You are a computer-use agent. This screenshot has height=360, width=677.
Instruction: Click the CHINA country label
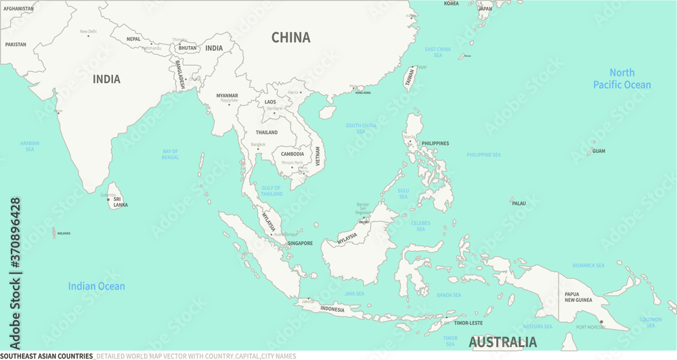(291, 38)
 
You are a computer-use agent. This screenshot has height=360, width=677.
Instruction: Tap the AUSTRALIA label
(503, 342)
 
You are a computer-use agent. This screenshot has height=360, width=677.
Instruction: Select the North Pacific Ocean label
(621, 78)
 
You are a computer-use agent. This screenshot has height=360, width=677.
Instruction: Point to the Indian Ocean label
(96, 286)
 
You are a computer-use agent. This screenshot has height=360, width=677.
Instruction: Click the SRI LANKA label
(121, 202)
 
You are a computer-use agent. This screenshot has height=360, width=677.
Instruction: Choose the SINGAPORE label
(300, 243)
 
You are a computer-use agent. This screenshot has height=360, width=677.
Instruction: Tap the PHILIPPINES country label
(435, 143)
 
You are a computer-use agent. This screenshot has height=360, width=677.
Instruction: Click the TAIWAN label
(410, 78)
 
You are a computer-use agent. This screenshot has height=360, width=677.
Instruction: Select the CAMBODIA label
(292, 154)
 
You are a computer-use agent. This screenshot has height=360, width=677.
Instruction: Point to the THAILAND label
(267, 133)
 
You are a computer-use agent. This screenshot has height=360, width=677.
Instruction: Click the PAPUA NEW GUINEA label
(578, 296)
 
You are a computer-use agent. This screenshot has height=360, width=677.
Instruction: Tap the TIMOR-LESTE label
(468, 323)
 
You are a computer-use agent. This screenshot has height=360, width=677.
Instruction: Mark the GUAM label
(598, 151)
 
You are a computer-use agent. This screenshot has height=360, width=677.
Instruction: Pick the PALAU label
(519, 203)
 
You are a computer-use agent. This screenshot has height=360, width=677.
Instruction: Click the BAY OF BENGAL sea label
(170, 154)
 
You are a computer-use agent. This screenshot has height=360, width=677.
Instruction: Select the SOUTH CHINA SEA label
(361, 128)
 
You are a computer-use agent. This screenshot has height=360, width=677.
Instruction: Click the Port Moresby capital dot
(601, 322)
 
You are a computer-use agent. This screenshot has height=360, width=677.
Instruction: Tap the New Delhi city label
(88, 31)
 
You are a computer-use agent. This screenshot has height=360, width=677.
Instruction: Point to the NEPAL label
(134, 39)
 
